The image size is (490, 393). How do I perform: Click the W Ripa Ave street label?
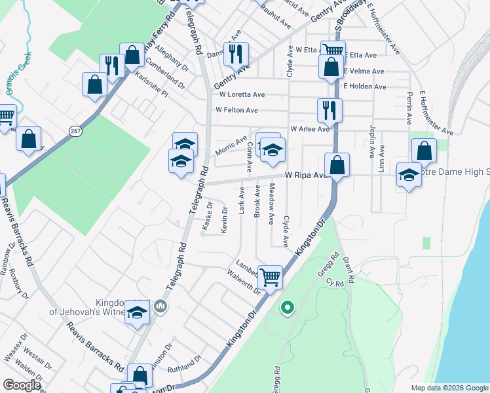point(305,175)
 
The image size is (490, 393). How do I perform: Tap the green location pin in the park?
point(286,307)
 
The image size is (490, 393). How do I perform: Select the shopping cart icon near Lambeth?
point(270,277)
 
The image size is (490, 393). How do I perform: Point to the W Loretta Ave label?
point(240,94)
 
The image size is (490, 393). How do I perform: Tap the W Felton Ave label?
point(236,109)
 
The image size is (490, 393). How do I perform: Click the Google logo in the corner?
point(22,385)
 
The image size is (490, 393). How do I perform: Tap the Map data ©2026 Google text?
point(449,388)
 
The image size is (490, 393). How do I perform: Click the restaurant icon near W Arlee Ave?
point(328,109)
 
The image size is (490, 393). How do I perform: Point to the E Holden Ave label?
point(364,86)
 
